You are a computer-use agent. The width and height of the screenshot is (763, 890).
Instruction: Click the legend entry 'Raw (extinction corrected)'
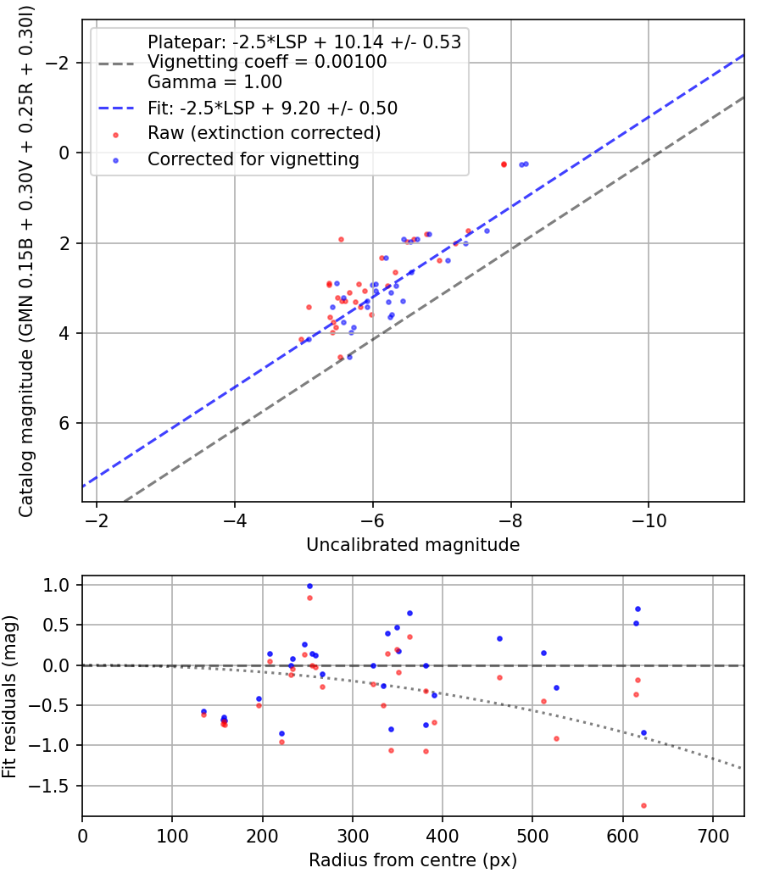tap(264, 133)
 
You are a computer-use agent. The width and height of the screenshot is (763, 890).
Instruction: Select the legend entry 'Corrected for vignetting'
tap(253, 159)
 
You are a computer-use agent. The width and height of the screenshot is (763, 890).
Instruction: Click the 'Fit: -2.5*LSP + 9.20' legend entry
tap(272, 108)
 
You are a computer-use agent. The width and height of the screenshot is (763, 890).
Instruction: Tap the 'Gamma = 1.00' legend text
tap(214, 82)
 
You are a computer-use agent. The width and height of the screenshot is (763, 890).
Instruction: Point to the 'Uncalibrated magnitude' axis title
tap(412, 545)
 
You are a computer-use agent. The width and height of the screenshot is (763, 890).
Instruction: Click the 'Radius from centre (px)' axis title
tap(412, 860)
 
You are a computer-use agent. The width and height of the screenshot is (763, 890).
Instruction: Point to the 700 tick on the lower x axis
tap(712, 837)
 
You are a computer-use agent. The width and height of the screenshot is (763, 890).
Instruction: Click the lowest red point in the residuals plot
tap(643, 805)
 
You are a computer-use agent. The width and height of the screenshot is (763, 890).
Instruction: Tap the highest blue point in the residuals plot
tap(309, 586)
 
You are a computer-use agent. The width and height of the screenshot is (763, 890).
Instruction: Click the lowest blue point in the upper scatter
tap(349, 357)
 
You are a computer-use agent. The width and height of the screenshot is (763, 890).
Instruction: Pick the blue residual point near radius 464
tap(499, 638)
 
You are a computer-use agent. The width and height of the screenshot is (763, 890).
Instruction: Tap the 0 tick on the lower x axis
tap(82, 837)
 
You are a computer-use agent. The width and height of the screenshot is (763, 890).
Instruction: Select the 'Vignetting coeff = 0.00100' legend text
tap(266, 62)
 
